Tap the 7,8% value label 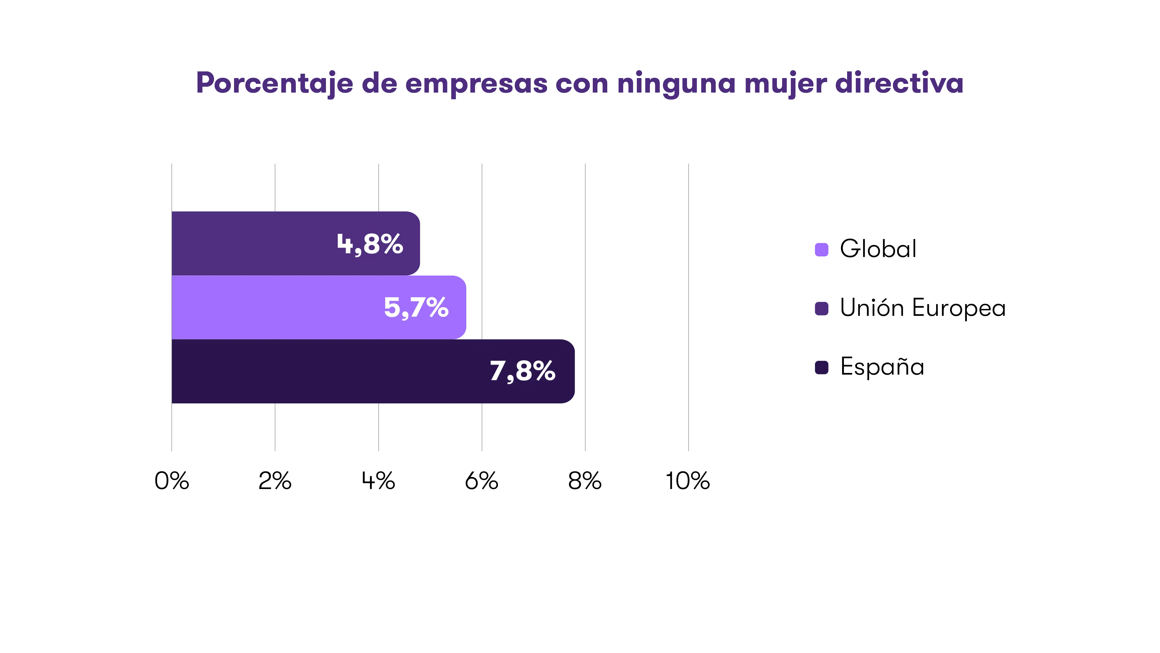click(x=522, y=371)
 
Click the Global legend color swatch click(x=822, y=249)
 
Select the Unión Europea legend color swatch click(x=822, y=309)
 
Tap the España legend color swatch click(x=822, y=367)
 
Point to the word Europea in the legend click(x=959, y=309)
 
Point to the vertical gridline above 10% click(x=688, y=306)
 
